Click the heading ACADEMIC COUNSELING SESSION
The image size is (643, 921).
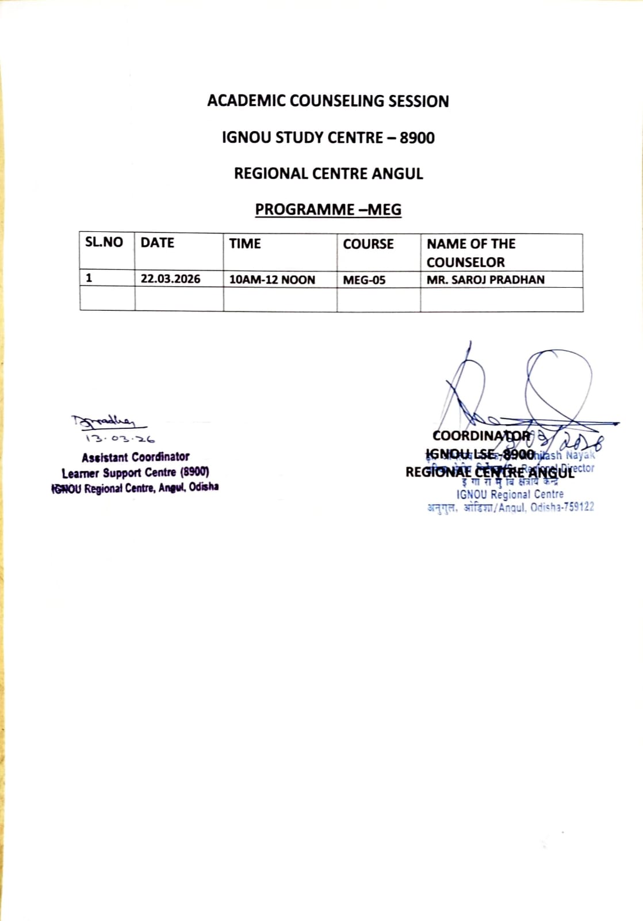click(328, 101)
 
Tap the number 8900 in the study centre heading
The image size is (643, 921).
click(417, 138)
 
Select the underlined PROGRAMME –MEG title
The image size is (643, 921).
click(328, 210)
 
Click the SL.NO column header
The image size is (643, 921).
click(104, 242)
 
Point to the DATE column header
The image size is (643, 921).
click(157, 243)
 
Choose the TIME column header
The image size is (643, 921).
click(245, 243)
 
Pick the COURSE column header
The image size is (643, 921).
click(368, 244)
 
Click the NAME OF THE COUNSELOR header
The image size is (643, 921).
click(470, 253)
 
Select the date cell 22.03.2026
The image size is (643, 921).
click(170, 279)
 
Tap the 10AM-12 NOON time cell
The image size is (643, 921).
click(272, 280)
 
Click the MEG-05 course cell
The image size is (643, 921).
click(364, 280)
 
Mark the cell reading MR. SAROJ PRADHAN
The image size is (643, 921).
click(485, 280)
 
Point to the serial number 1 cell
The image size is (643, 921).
click(89, 278)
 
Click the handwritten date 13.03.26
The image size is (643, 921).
click(120, 439)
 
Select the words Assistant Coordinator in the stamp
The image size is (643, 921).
click(135, 457)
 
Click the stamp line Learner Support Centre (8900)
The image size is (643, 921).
click(135, 473)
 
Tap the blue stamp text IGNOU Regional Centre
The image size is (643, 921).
click(510, 494)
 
